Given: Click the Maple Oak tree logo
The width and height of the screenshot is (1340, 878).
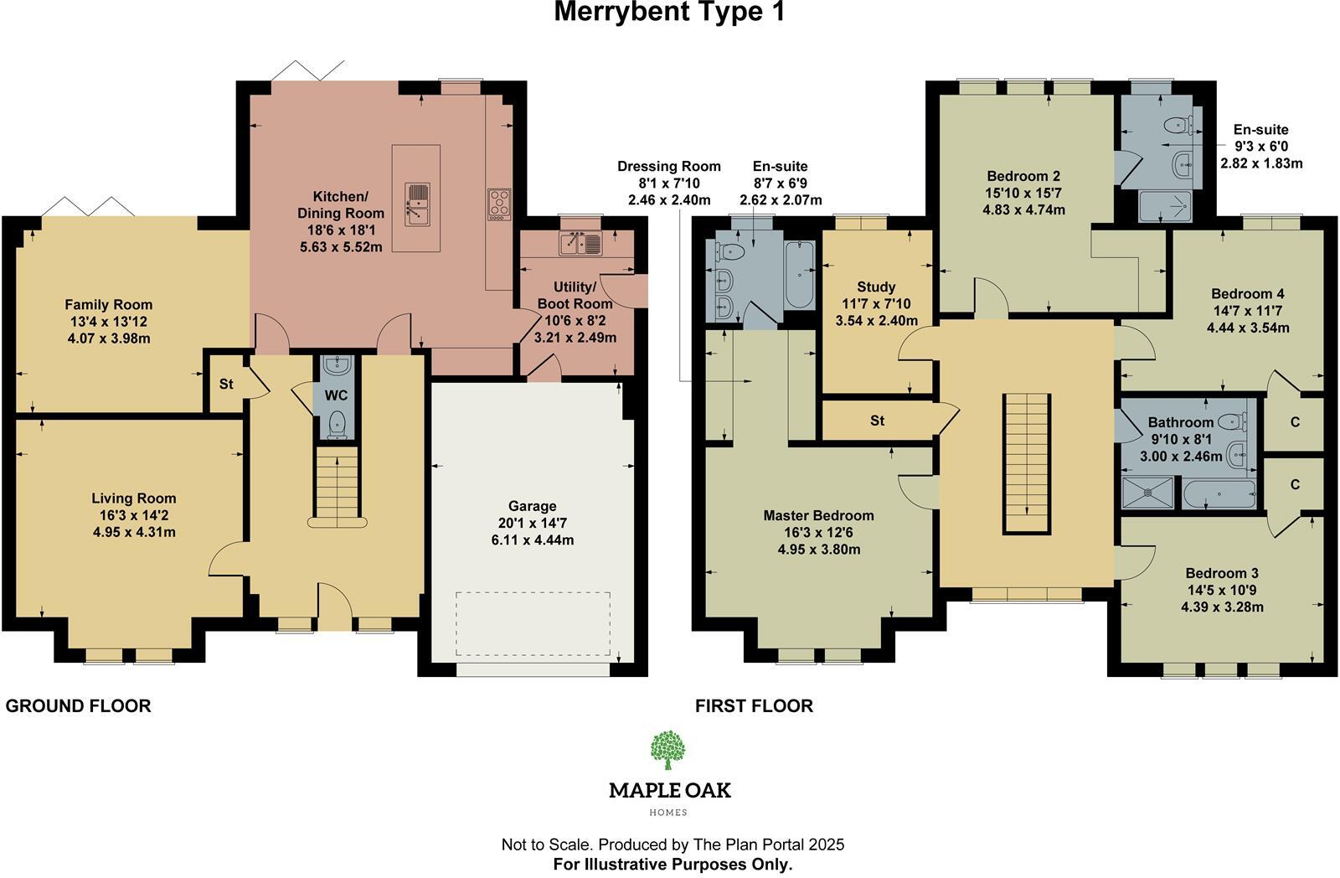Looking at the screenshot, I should tap(668, 749).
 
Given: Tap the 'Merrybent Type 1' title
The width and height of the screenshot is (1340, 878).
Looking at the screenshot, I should tap(669, 13).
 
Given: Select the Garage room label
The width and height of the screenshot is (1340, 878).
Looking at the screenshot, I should tap(532, 506).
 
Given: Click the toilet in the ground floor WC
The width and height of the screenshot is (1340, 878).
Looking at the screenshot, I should tap(337, 422).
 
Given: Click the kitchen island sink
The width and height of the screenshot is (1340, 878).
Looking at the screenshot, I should tap(416, 205).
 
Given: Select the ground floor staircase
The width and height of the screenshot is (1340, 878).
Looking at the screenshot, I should tap(337, 486).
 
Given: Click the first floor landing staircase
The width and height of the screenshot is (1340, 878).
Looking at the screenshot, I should tap(1027, 462).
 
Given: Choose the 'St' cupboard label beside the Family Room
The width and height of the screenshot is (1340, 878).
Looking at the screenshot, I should tap(226, 385).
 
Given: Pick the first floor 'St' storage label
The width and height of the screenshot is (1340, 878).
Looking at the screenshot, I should tap(877, 421).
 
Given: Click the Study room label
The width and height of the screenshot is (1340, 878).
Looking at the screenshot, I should tap(876, 287).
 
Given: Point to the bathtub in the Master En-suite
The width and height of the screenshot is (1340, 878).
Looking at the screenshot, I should tap(801, 273).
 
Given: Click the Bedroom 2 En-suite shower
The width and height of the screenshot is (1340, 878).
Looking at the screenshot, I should tap(1165, 206).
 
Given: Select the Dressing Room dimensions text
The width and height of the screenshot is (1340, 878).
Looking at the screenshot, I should tap(668, 183).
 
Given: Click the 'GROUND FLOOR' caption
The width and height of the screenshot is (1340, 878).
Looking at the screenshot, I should tap(79, 706).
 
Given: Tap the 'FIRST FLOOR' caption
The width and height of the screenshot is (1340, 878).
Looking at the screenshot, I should tap(754, 706).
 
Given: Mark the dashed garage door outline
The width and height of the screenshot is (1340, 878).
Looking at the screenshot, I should tap(533, 624).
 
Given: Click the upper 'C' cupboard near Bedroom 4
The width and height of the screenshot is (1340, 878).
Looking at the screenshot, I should tap(1295, 422).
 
